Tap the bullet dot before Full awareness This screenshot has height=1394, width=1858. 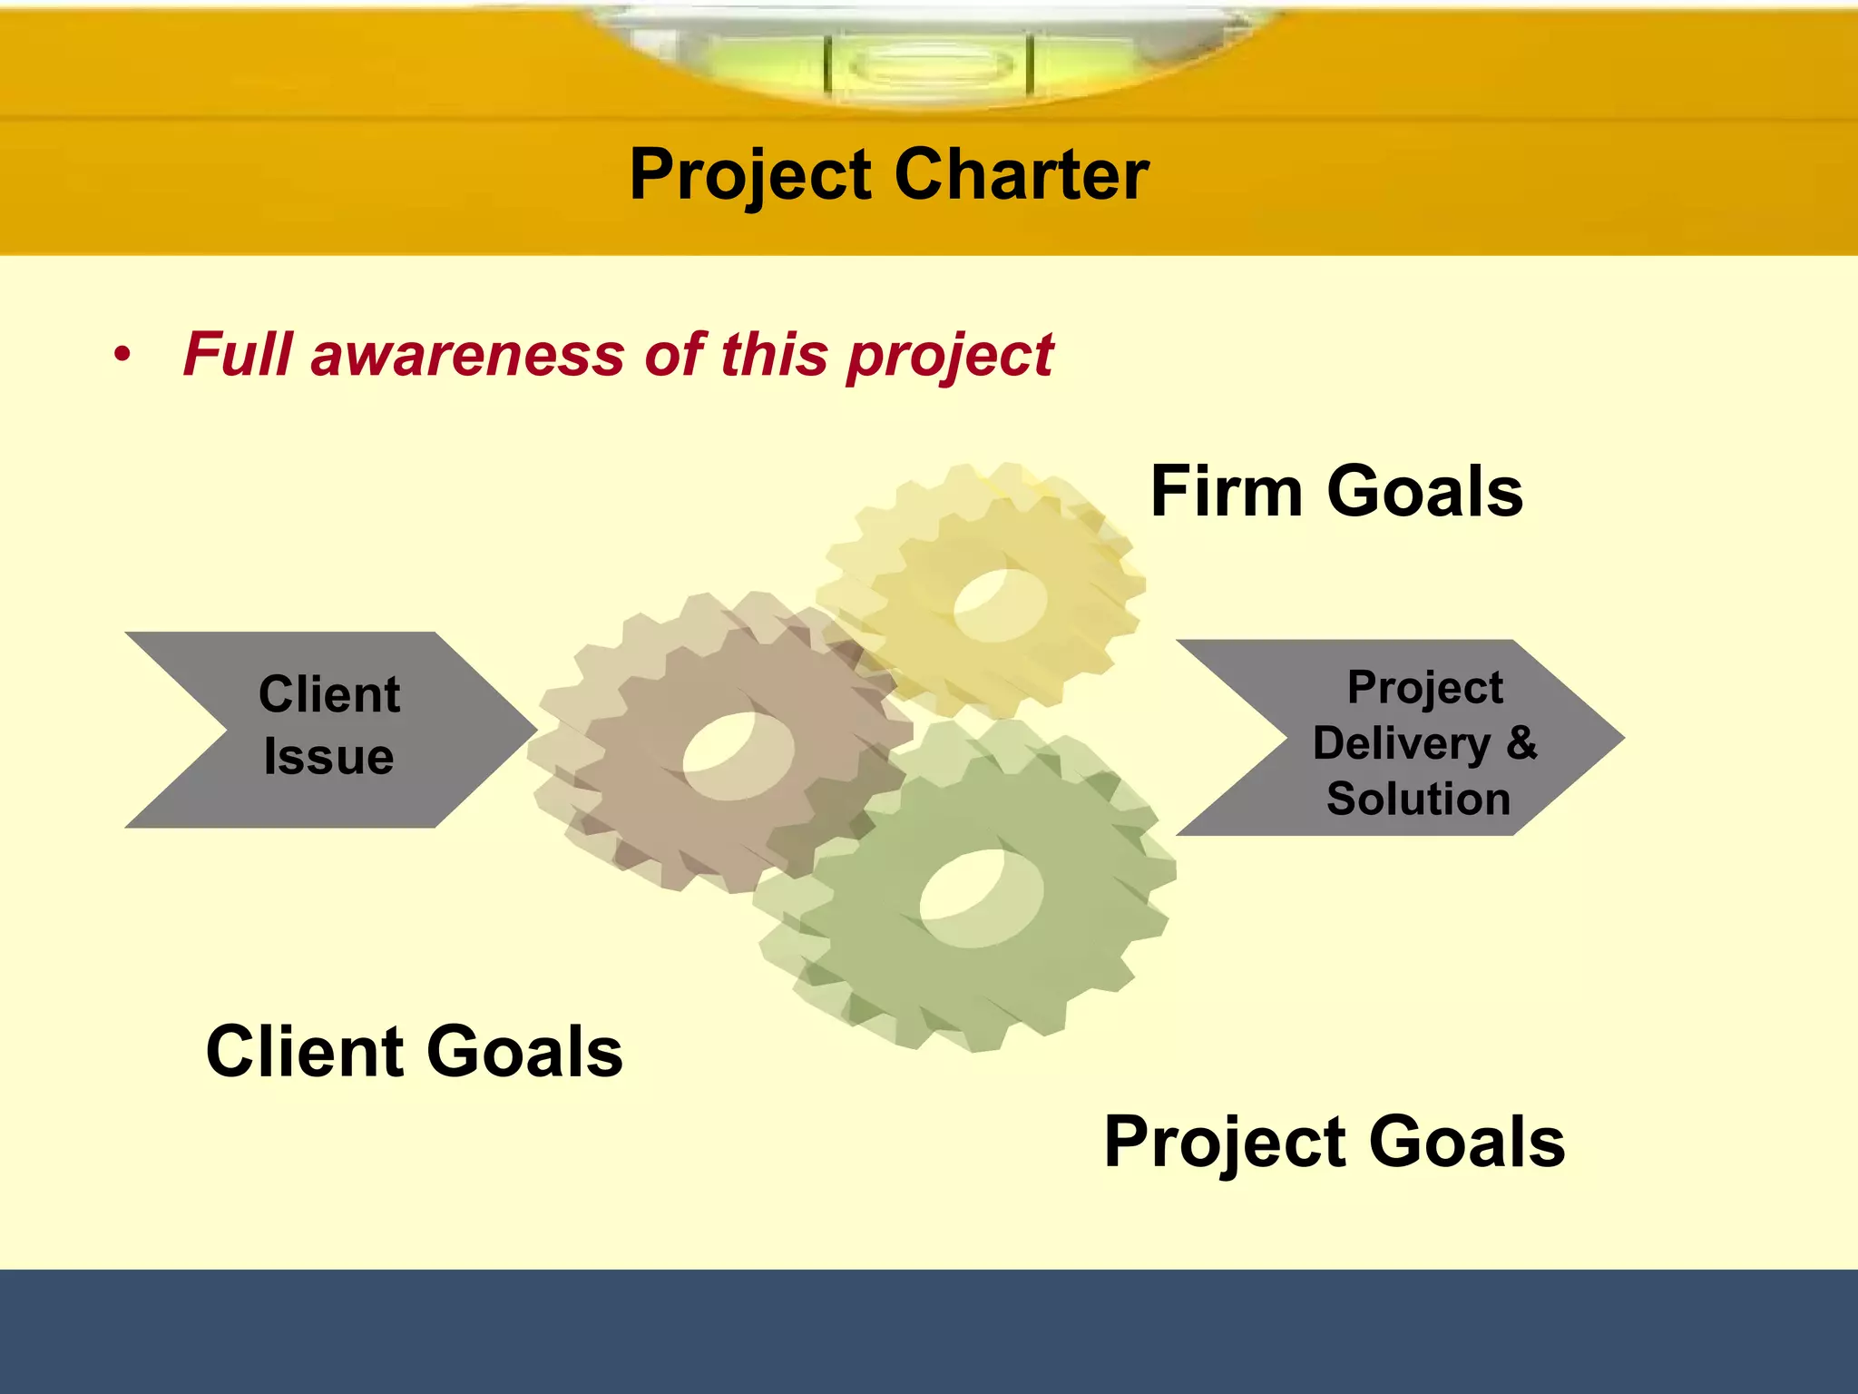122,355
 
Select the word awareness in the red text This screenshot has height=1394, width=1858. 467,354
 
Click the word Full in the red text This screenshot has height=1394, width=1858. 238,354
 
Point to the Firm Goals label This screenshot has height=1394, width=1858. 1336,491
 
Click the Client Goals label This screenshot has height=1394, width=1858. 415,1051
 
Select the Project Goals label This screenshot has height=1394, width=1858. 1335,1142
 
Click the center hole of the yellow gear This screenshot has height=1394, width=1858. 1000,604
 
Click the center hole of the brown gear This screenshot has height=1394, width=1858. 738,755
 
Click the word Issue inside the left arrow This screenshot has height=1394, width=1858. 328,757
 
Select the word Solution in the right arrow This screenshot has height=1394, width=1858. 1418,799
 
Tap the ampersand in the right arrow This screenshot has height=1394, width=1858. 1521,742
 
